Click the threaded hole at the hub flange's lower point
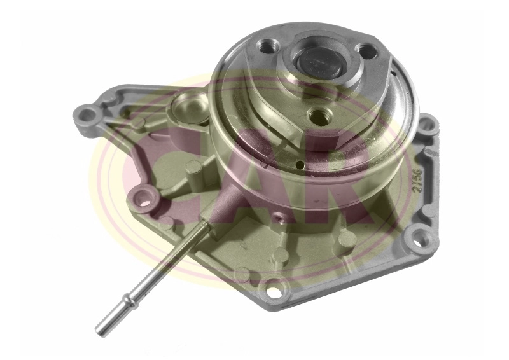317,115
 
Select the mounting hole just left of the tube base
145,203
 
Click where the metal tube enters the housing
205,225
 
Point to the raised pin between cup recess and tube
195,168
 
